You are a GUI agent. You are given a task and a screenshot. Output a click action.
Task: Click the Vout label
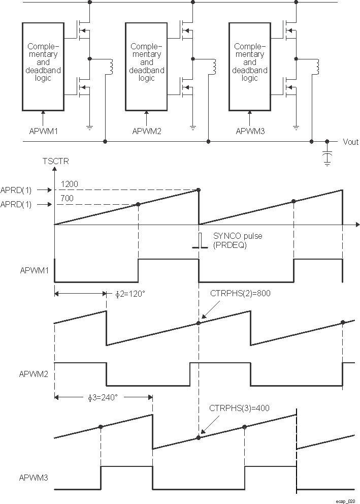pos(351,142)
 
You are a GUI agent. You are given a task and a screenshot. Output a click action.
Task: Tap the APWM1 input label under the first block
pos(44,131)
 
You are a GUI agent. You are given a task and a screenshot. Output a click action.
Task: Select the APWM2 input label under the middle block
pos(147,131)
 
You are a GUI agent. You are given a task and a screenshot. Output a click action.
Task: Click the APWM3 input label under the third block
pos(251,131)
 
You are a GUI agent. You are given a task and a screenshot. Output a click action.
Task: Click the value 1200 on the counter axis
pos(69,183)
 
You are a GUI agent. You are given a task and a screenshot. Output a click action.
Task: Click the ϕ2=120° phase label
pos(127,293)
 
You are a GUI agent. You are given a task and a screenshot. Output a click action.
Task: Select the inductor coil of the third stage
pos(317,66)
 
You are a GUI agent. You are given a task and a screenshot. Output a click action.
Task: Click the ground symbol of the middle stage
pos(193,127)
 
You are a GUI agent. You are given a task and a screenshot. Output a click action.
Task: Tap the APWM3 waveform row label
pos(34,478)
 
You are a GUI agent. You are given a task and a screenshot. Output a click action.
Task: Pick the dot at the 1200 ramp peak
pos(199,190)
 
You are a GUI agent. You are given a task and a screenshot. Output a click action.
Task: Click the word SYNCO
pos(224,236)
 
